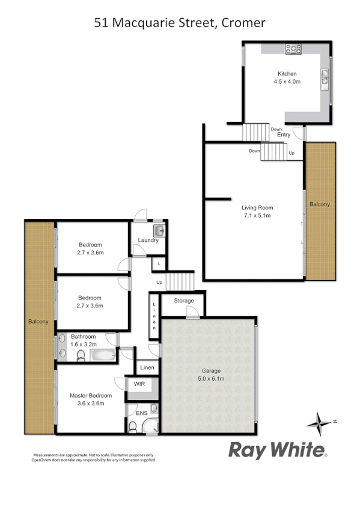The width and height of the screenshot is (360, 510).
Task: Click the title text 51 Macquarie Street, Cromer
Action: pyautogui.click(x=180, y=23)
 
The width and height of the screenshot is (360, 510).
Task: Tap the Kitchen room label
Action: pyautogui.click(x=286, y=73)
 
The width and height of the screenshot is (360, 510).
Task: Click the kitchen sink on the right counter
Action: pyautogui.click(x=325, y=76)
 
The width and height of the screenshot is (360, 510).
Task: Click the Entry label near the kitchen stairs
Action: pyautogui.click(x=284, y=135)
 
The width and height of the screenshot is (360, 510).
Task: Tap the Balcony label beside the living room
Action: pyautogui.click(x=319, y=204)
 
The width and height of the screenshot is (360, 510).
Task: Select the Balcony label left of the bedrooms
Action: pyautogui.click(x=38, y=322)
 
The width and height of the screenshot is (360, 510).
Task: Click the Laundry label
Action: pyautogui.click(x=148, y=241)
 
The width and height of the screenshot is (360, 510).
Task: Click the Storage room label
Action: pyautogui.click(x=184, y=301)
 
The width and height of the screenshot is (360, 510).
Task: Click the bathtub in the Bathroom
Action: pyautogui.click(x=104, y=356)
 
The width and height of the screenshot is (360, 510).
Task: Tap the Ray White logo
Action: pyautogui.click(x=278, y=450)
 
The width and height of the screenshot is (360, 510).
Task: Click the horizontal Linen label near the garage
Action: pyautogui.click(x=147, y=367)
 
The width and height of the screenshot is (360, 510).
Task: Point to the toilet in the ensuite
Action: pyautogui.click(x=133, y=427)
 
